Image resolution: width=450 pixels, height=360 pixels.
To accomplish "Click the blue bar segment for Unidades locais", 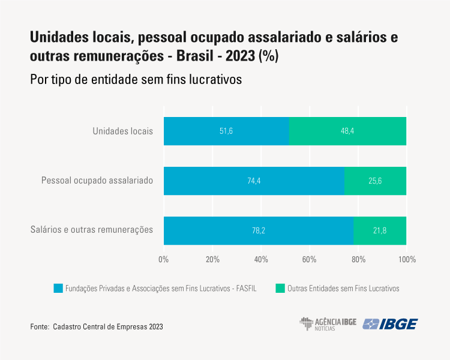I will point(226,131).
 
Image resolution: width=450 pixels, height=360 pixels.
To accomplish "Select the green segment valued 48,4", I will point(347,131).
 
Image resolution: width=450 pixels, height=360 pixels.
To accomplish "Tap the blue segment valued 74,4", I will point(254,181).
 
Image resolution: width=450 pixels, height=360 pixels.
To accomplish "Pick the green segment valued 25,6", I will point(376,181).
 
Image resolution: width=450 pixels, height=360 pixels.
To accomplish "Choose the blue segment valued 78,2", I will point(259,230).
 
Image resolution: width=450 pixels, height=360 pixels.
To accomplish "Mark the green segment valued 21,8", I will point(380,230).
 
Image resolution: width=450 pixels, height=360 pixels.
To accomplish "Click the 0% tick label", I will point(163,260).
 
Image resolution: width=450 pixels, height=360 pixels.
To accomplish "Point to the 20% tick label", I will point(212,260).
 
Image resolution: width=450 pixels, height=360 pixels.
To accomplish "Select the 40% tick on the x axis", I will point(261,260).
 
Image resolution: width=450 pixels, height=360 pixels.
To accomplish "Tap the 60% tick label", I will point(310,260).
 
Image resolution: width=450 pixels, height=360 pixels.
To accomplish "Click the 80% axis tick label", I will point(358,260).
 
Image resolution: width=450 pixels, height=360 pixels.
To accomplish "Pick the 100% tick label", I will point(407,260).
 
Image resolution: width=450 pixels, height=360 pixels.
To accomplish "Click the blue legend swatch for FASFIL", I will point(58,288).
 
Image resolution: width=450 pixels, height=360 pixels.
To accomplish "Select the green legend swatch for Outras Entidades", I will point(280,288).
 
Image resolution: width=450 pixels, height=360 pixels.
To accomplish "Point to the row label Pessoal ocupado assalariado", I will point(97,180).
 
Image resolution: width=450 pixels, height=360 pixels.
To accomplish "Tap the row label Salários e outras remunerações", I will point(91,230).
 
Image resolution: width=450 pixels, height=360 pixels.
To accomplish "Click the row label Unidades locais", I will point(123,130).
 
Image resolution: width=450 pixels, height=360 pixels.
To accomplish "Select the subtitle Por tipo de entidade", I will point(135,79).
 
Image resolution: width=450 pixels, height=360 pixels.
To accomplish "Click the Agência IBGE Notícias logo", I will point(328,324).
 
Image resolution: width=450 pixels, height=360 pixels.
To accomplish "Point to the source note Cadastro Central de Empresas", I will point(108,327).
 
